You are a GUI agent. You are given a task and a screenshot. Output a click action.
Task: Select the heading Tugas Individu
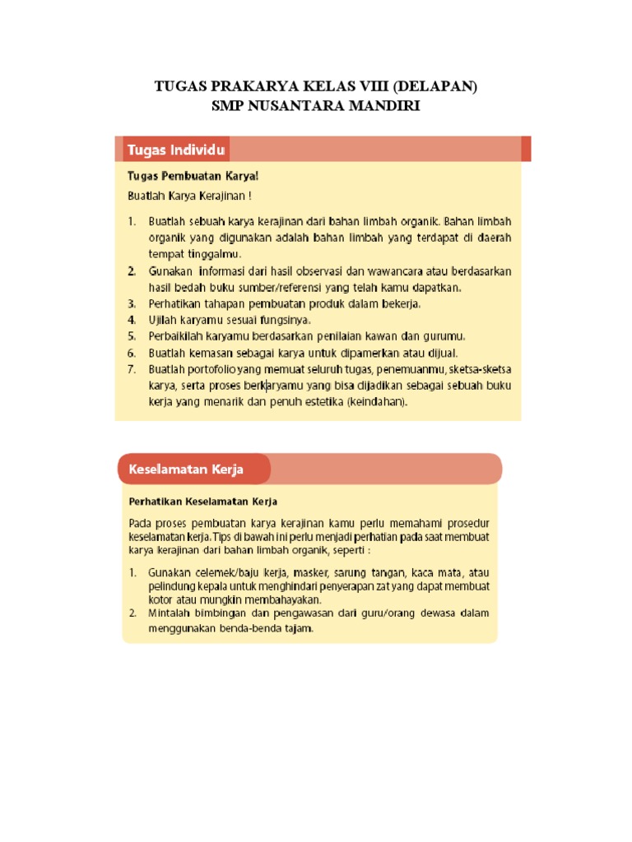pos(176,150)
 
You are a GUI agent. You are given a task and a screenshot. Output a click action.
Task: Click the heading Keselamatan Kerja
pos(185,470)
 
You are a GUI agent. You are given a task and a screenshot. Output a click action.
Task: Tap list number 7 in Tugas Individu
pos(132,369)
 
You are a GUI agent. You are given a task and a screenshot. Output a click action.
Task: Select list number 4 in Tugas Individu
pos(132,319)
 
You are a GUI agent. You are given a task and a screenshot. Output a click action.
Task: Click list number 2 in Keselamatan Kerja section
pos(132,613)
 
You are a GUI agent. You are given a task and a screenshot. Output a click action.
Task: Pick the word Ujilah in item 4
pos(165,319)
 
